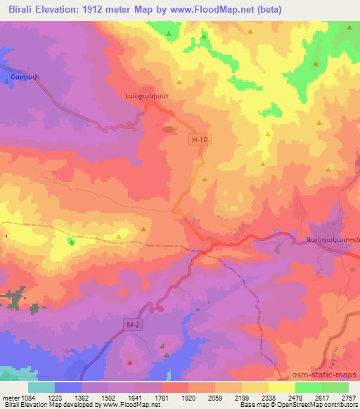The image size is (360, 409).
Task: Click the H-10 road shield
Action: [200, 140]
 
